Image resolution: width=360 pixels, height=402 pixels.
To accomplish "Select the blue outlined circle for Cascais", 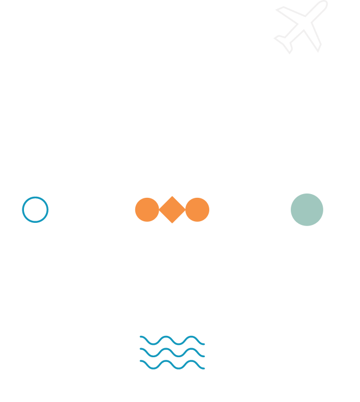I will pos(35,210).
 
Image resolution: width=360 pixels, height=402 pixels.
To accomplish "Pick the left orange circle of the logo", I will pos(146,210).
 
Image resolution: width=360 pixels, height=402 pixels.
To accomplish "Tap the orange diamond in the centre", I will pos(172,210).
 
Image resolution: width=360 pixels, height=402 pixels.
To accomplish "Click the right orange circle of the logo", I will pos(198,210).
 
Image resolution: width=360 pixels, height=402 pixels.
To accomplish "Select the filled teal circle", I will pos(307,210).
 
